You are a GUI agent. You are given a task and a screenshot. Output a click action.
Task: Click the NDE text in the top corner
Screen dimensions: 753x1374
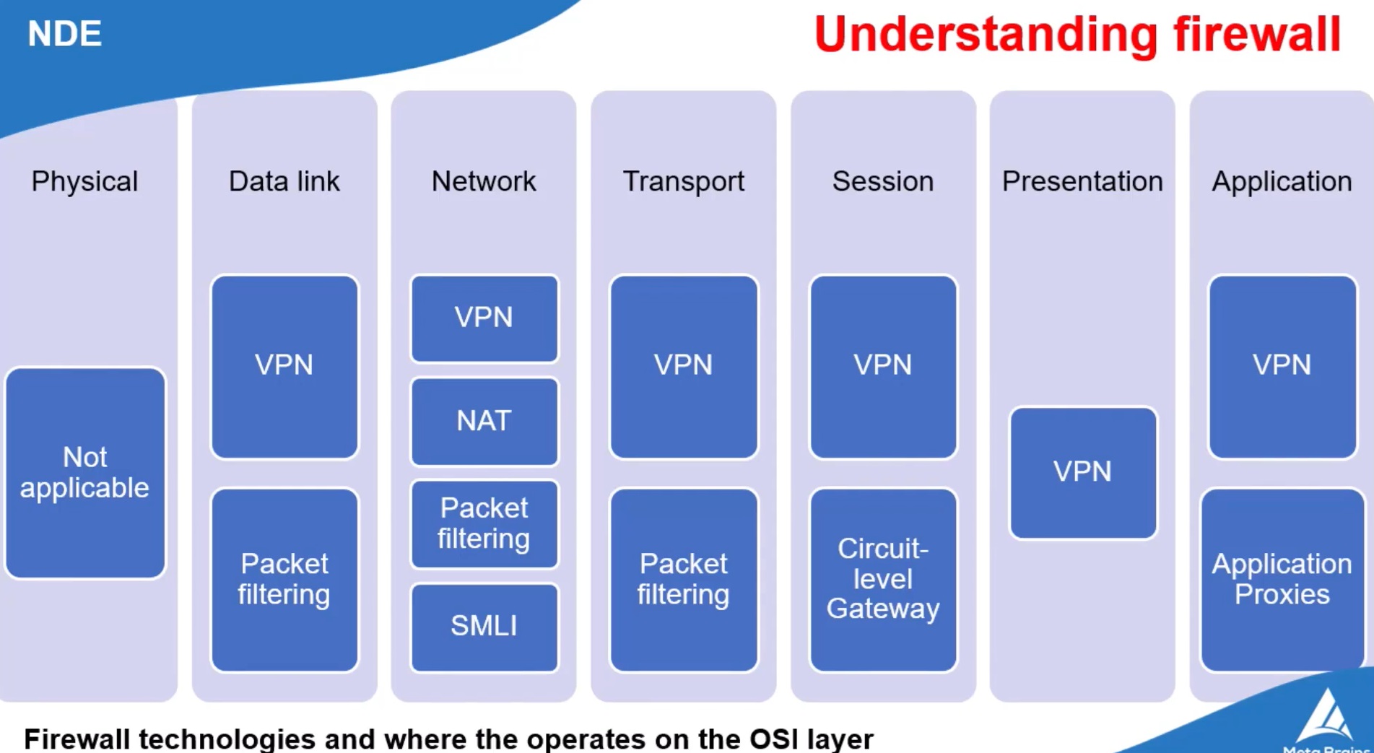coord(64,34)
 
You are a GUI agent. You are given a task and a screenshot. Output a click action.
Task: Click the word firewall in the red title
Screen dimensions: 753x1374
coord(1256,34)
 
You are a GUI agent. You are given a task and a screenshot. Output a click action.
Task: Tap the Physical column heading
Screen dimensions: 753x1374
coord(84,181)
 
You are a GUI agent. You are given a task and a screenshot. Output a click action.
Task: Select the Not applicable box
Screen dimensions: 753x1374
coord(85,473)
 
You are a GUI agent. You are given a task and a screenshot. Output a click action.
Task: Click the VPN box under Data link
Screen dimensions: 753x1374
coord(284,366)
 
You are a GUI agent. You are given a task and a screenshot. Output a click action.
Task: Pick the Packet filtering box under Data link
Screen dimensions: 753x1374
coord(284,579)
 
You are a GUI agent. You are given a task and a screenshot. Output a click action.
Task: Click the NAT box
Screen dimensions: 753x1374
coord(484,421)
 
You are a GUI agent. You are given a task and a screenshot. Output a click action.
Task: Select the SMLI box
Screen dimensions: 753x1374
coord(484,626)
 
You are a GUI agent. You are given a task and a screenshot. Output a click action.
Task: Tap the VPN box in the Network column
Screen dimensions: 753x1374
coord(484,318)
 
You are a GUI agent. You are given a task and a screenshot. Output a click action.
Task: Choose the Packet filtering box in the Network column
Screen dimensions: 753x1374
coord(484,523)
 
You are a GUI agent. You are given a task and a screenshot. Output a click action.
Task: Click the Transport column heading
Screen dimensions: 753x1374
coord(683,181)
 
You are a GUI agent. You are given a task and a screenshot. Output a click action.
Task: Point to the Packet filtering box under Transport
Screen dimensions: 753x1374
coord(683,579)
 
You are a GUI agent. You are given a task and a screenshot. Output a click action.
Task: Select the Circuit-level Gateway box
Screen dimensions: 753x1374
coord(883,579)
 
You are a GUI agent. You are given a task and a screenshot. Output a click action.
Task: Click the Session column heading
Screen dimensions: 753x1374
coord(882,181)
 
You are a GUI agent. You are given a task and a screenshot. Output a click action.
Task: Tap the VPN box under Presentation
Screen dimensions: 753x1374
coord(1082,472)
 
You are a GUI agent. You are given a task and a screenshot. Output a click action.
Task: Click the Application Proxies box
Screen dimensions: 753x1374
coord(1282,579)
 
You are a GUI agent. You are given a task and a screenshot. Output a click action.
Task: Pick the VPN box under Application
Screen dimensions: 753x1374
coord(1282,366)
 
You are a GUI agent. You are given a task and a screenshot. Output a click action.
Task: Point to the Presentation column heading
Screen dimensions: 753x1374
coord(1082,181)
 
